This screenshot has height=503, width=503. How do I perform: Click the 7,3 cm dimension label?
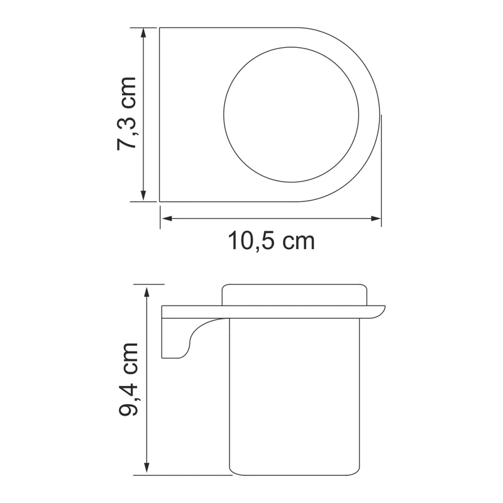[x=126, y=113]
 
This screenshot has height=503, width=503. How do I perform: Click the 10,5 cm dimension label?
[x=271, y=240]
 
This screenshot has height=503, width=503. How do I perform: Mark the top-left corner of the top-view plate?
[x=160, y=28]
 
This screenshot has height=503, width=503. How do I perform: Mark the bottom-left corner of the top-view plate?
[x=160, y=201]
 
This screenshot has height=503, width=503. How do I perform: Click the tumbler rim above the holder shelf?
[x=294, y=296]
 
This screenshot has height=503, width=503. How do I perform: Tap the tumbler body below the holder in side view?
[x=294, y=402]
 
